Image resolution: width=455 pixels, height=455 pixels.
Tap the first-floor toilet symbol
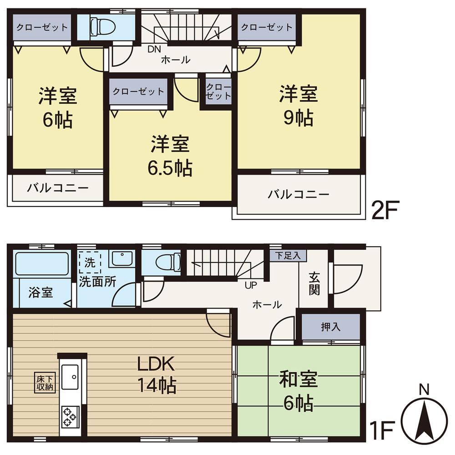click(x=168, y=262)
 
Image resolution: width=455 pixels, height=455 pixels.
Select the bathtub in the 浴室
click(x=42, y=263)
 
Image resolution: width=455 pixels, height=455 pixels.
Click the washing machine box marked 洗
click(x=90, y=263)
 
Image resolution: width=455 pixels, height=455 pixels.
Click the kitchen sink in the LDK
click(x=70, y=377)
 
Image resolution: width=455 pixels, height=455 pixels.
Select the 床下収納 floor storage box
click(x=45, y=383)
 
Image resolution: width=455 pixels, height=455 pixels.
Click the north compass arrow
click(x=424, y=420)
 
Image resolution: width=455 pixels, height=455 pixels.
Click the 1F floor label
click(x=382, y=430)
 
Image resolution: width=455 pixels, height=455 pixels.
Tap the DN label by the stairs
click(x=154, y=49)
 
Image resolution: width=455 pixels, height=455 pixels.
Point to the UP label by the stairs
click(x=251, y=285)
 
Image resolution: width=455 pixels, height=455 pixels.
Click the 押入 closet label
click(x=330, y=327)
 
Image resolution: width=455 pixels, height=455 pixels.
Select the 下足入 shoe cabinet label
click(x=288, y=256)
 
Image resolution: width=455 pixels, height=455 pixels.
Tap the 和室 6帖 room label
click(x=298, y=391)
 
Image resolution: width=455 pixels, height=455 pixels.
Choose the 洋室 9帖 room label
click(x=298, y=106)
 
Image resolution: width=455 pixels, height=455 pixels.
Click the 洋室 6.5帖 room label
click(x=170, y=156)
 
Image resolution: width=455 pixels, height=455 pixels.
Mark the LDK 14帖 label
click(x=157, y=374)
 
